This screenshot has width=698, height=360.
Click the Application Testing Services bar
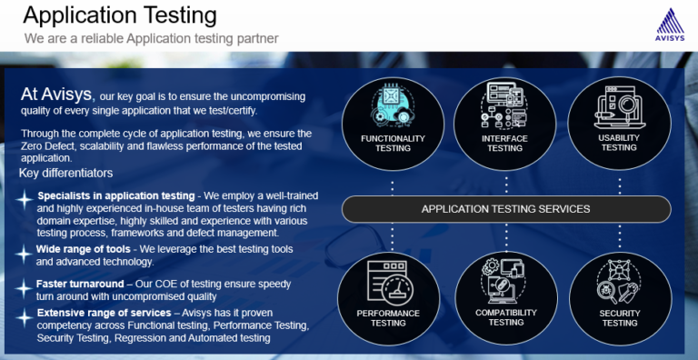point(505,208)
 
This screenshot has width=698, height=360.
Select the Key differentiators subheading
point(65,173)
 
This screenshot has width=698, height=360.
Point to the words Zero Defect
point(50,145)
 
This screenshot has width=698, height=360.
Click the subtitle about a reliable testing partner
point(151,38)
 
